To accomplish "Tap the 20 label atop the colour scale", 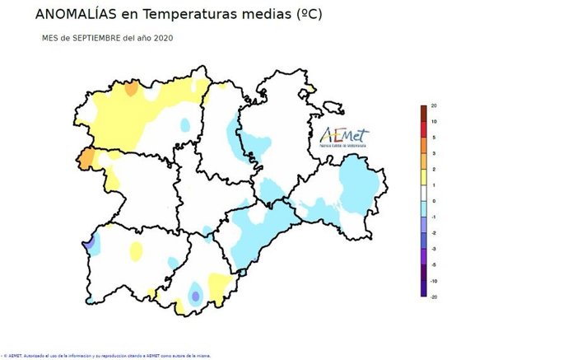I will click(x=433, y=106).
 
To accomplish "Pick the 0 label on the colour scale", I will click(x=433, y=201).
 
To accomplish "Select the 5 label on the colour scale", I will click(x=433, y=138).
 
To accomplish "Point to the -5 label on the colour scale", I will click(x=434, y=264).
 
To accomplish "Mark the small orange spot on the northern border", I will click(x=131, y=90).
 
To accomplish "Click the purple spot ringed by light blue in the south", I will click(x=195, y=296).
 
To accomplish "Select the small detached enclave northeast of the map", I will click(x=333, y=107).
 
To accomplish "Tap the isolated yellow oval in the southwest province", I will click(x=136, y=250).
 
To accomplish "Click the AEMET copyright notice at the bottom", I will click(x=107, y=355).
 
